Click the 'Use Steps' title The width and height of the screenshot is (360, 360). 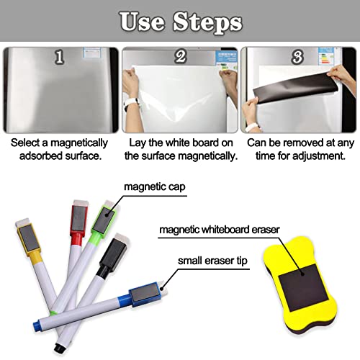pyautogui.click(x=180, y=22)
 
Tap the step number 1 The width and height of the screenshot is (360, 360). pyautogui.click(x=60, y=56)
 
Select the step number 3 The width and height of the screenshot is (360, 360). pyautogui.click(x=297, y=56)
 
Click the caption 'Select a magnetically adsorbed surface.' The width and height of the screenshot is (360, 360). pyautogui.click(x=59, y=148)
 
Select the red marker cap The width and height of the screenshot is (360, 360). pyautogui.click(x=76, y=216)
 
